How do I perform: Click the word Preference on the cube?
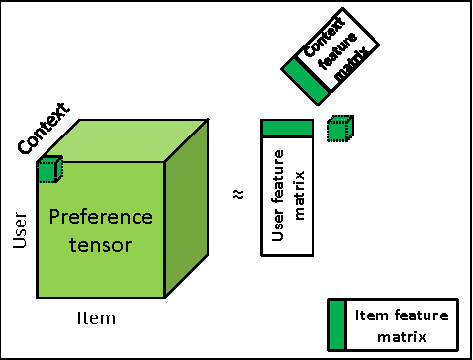click(x=102, y=216)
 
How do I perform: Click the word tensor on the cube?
click(x=102, y=243)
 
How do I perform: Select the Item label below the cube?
click(x=96, y=318)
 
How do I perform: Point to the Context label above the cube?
click(x=44, y=129)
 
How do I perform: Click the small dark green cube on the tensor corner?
click(x=49, y=171)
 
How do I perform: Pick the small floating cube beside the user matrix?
click(x=339, y=129)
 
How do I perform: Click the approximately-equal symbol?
click(x=236, y=194)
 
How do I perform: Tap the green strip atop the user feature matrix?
click(x=287, y=129)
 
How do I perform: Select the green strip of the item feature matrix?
click(x=336, y=324)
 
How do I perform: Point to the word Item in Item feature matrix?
click(x=367, y=315)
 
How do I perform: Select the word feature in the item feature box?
click(x=416, y=315)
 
